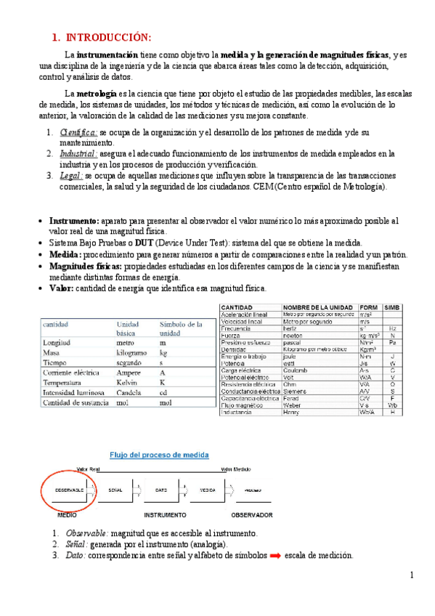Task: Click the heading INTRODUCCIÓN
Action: tap(109, 38)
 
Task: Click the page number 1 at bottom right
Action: tap(411, 575)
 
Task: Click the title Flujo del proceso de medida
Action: tap(158, 455)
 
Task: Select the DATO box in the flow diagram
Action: tap(160, 491)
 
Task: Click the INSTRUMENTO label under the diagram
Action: tap(166, 514)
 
